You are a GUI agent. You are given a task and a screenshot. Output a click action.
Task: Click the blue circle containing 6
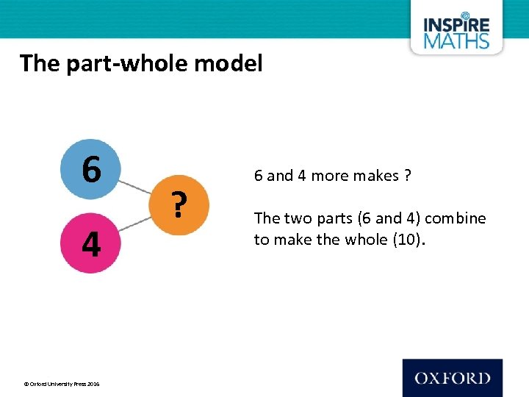[91, 170]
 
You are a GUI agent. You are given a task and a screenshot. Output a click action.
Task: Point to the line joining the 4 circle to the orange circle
[137, 221]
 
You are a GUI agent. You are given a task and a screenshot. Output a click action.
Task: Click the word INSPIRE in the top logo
[456, 24]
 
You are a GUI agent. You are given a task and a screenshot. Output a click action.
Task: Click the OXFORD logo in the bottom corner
[452, 378]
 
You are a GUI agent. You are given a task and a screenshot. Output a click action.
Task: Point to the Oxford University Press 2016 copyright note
[62, 384]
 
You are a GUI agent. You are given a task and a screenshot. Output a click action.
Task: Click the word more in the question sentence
[331, 176]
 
